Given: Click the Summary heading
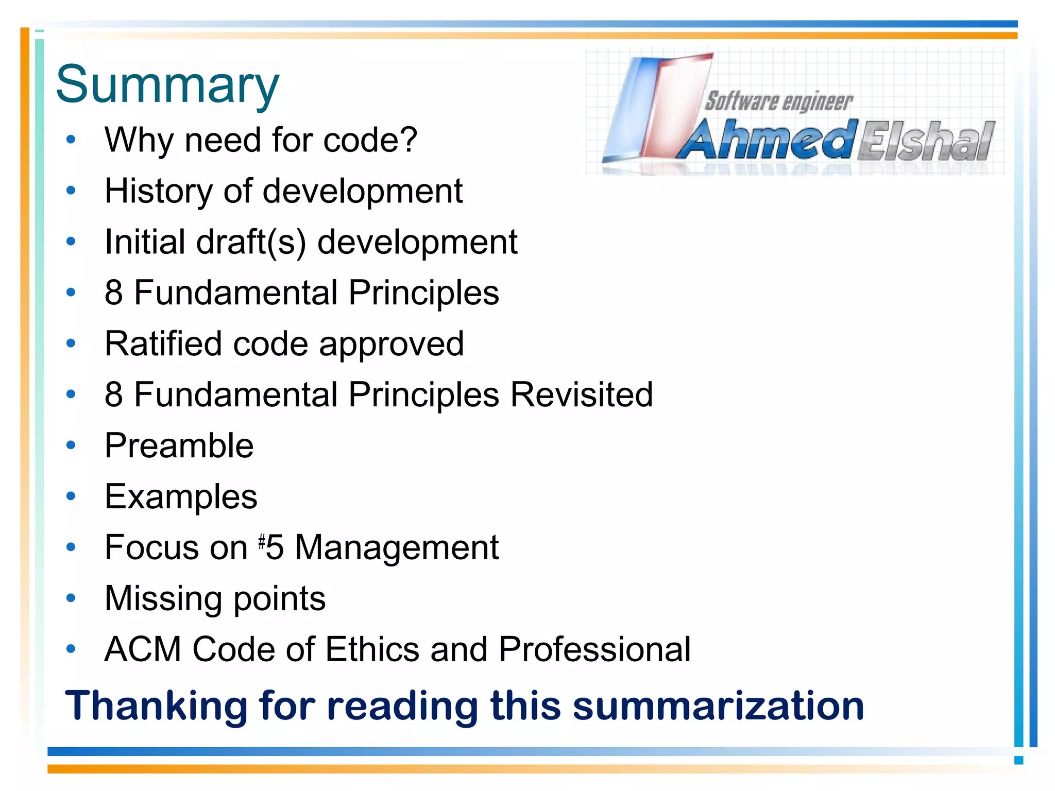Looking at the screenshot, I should (x=167, y=85).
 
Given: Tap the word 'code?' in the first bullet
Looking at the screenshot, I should (x=370, y=140).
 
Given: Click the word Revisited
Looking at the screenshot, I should (x=582, y=395).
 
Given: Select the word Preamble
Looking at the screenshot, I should (x=179, y=445).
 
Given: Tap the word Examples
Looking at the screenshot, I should (x=181, y=497).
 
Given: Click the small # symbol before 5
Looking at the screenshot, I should (x=262, y=541).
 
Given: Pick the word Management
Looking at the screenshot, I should (x=397, y=547).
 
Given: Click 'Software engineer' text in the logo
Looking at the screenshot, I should (x=778, y=101).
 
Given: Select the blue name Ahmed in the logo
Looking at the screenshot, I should (x=768, y=140).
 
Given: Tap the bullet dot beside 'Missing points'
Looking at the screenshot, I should (x=71, y=598).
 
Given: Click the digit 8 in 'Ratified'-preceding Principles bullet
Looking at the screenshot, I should (x=114, y=293).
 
